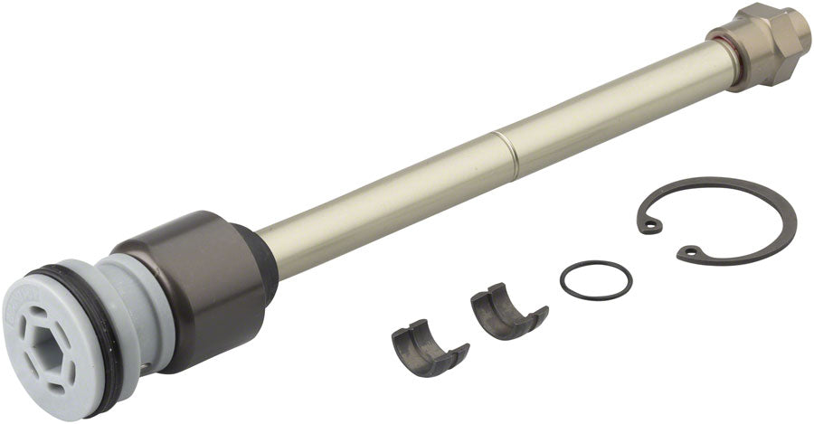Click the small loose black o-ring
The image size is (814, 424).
595,278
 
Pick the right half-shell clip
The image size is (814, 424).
507,312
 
